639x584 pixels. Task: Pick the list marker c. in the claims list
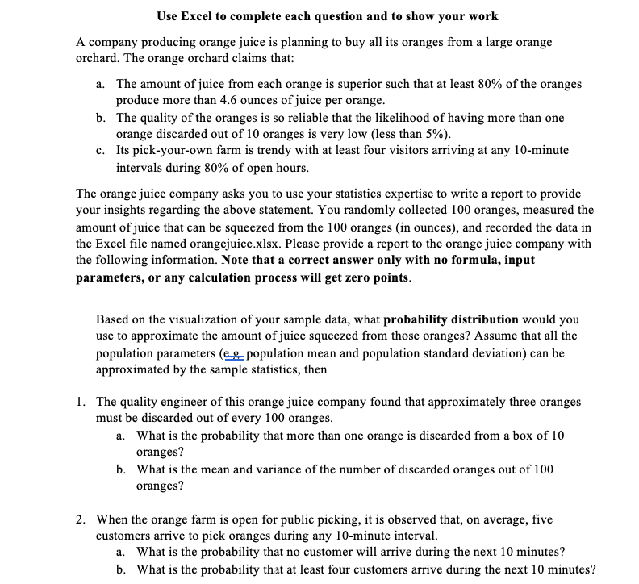[x=99, y=151]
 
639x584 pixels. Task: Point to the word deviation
[x=484, y=354]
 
